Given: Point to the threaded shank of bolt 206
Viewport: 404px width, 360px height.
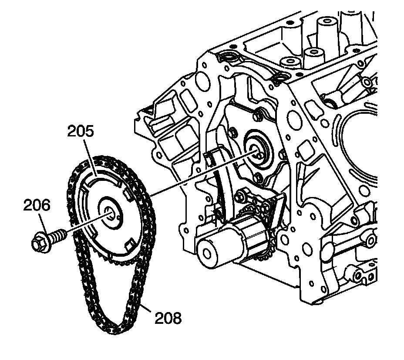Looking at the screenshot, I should (x=58, y=235).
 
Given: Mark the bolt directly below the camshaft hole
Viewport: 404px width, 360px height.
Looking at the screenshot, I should (x=258, y=177).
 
